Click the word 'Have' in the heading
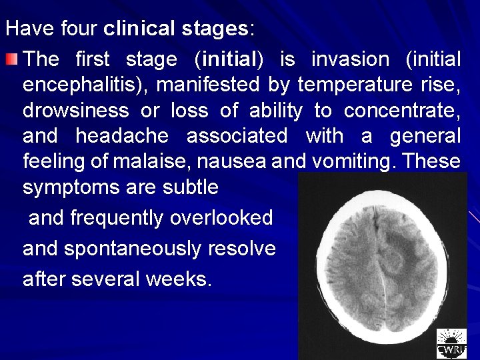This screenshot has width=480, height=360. tap(26, 29)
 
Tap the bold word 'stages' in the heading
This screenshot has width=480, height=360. tap(217, 29)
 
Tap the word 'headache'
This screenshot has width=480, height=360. tap(123, 136)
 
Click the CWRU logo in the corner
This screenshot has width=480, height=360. tap(451, 344)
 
